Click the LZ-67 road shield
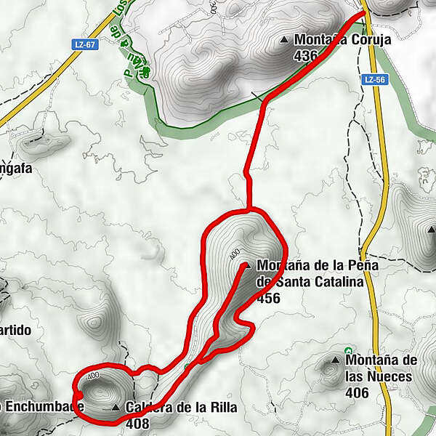pyautogui.click(x=85, y=44)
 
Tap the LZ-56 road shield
pyautogui.click(x=374, y=79)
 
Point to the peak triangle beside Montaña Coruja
pyautogui.click(x=284, y=40)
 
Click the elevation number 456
pyautogui.click(x=268, y=297)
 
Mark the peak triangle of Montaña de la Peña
pyautogui.click(x=246, y=266)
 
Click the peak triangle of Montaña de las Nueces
pyautogui.click(x=335, y=360)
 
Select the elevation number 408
pyautogui.click(x=137, y=422)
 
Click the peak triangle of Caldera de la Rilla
pyautogui.click(x=116, y=408)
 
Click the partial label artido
pyautogui.click(x=16, y=330)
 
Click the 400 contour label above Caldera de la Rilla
pyautogui.click(x=92, y=376)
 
